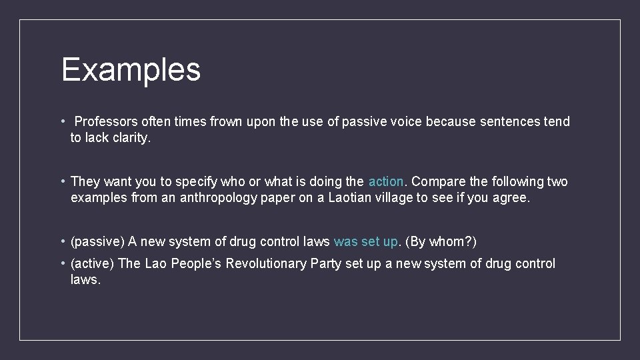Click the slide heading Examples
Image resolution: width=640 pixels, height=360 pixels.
pos(131,69)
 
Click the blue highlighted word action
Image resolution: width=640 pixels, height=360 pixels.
pos(386,181)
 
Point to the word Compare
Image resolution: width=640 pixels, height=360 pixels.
pos(435,181)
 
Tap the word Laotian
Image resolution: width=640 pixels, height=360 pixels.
pos(351,199)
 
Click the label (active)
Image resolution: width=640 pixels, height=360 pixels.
pos(93,263)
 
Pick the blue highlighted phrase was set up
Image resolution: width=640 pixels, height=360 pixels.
pos(366,241)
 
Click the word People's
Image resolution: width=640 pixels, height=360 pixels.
pos(196,263)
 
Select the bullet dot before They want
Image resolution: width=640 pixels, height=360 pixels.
pos(62,181)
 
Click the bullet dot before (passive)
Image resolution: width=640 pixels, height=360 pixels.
pos(62,241)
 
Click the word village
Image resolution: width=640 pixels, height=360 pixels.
pos(394,199)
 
